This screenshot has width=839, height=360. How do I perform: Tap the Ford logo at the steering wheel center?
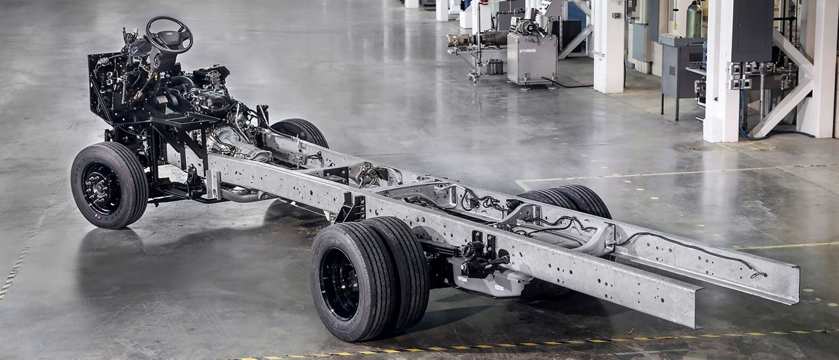pos(170,36)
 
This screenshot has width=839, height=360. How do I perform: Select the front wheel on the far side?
pos(301,132)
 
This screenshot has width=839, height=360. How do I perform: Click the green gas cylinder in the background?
pos(693,20)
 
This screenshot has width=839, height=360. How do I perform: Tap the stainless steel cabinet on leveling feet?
pos(530,58)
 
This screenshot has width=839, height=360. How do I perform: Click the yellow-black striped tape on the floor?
pos(524,344)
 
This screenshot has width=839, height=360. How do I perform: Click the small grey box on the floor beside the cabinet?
pos(495,67)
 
